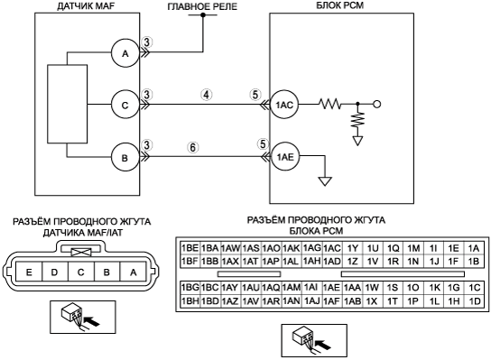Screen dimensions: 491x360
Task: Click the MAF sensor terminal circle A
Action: pos(125,53)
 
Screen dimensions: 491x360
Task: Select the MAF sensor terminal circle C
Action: pos(125,105)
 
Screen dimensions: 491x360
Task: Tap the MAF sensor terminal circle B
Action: pos(125,157)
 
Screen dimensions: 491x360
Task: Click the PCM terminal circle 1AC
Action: pos(284,105)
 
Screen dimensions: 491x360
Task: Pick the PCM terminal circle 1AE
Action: pos(285,156)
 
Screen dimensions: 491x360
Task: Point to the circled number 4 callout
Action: pos(207,95)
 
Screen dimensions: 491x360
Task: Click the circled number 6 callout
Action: pos(193,147)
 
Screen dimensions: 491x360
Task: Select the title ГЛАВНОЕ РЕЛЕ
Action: pos(202,6)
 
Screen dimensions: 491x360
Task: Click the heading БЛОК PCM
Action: pos(340,5)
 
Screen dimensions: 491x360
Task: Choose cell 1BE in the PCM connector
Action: pos(190,248)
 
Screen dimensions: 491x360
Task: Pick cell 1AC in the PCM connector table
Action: pos(332,248)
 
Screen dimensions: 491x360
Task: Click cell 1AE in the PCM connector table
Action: pos(331,288)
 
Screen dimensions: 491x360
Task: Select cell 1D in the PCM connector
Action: pos(475,300)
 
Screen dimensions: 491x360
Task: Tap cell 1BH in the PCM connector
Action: pos(190,300)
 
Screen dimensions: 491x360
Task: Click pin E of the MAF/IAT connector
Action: pos(29,272)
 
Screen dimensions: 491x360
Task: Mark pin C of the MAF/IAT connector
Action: pos(81,272)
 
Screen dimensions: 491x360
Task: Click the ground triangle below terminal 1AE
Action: pos(325,181)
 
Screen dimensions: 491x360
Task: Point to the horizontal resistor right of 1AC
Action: pos(330,104)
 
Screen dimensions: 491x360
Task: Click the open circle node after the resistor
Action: pos(377,105)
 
